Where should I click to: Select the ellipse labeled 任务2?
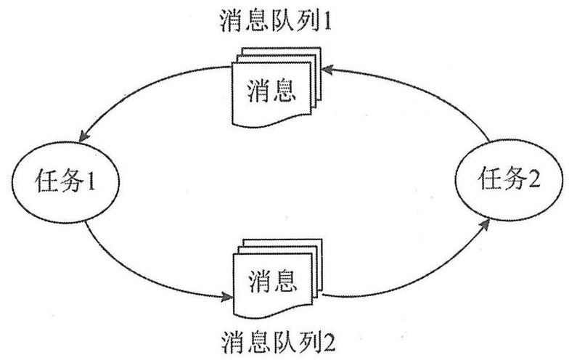click(x=508, y=179)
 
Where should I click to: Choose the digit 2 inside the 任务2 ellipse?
click(x=536, y=179)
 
